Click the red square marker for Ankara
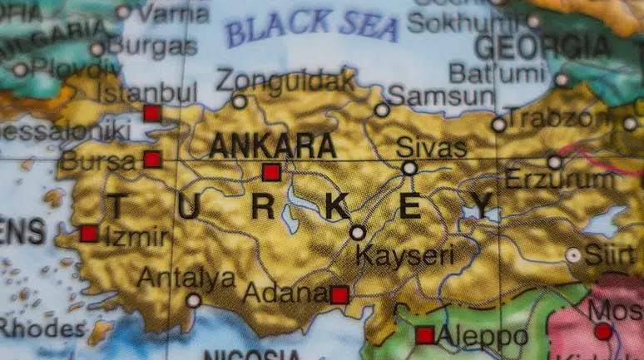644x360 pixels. (270, 172)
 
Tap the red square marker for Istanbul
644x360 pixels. (151, 113)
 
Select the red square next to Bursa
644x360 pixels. (151, 159)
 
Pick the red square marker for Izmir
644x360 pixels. (89, 234)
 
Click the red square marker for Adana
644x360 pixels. (339, 294)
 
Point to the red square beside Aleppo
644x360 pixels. (425, 335)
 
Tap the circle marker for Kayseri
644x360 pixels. (358, 233)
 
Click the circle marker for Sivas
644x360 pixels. (409, 168)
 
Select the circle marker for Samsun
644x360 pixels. (382, 110)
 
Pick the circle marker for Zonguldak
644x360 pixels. (240, 102)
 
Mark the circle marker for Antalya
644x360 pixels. (194, 300)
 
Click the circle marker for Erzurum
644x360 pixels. (555, 162)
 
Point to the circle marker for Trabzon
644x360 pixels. (499, 126)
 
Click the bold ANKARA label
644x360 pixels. (273, 145)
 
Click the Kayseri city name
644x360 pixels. (405, 254)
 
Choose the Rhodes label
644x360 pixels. (42, 328)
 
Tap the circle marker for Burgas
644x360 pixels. (97, 49)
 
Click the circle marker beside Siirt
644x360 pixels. (573, 255)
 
